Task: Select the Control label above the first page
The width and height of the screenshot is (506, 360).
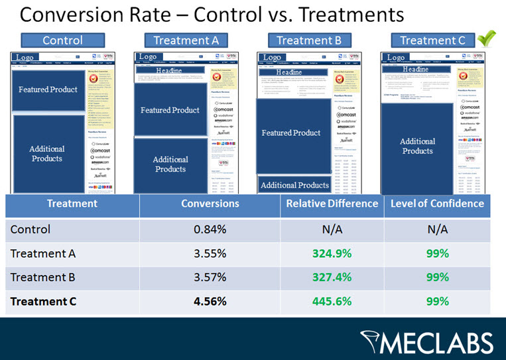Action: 62,40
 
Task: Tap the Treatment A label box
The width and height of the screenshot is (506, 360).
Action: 186,40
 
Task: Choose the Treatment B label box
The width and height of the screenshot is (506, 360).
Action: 309,40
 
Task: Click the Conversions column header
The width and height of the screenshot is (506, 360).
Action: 210,204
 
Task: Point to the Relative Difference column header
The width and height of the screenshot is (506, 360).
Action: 332,204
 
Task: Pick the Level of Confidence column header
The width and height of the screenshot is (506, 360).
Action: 437,204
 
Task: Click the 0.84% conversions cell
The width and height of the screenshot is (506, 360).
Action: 210,230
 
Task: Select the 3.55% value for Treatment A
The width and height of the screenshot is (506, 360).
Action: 210,253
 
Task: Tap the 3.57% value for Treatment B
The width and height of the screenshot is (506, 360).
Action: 210,277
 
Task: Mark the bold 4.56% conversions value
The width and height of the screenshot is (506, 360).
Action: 210,301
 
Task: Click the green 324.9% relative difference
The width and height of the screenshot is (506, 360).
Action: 332,253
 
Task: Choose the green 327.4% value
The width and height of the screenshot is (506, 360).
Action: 332,277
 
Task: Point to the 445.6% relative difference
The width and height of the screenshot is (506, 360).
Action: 332,301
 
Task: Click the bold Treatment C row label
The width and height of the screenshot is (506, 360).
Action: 44,301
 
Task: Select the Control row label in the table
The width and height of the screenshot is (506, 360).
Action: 31,230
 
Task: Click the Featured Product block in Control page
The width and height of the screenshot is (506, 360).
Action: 48,90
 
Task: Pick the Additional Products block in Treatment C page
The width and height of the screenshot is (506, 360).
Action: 417,146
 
